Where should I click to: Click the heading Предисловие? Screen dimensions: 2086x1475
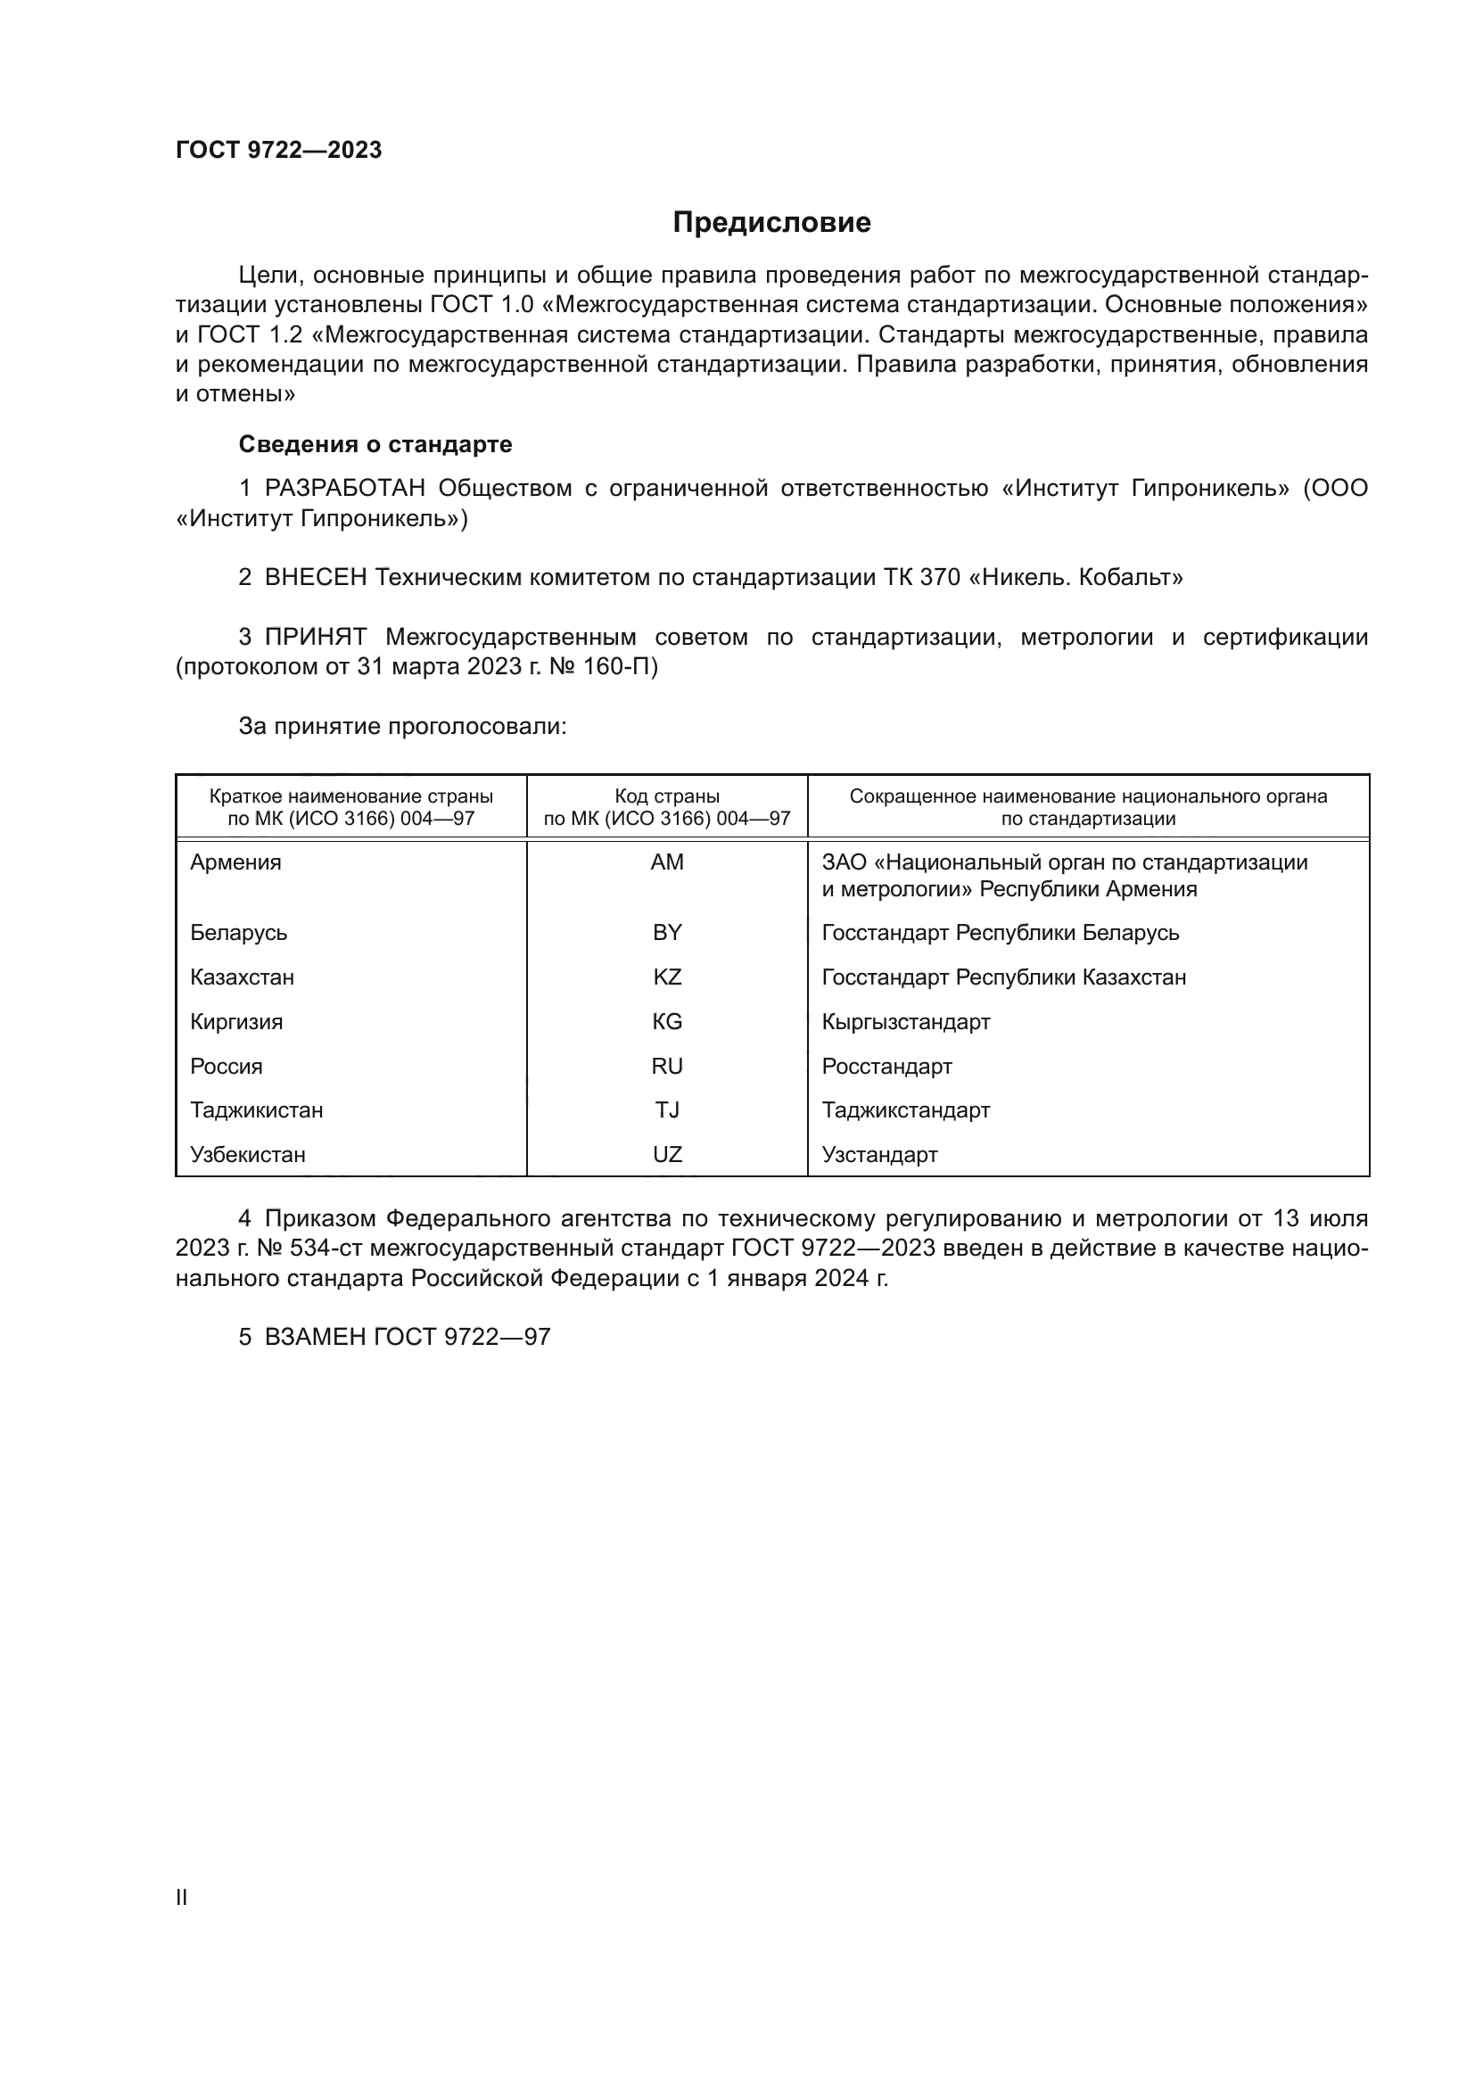[x=771, y=223]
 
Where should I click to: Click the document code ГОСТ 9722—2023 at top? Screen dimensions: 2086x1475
[x=278, y=150]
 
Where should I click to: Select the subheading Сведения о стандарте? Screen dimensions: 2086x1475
[x=375, y=444]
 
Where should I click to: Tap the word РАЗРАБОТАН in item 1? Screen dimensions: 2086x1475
[x=345, y=489]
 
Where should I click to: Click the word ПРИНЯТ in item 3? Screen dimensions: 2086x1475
[x=316, y=638]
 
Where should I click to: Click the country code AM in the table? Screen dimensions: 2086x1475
[x=667, y=862]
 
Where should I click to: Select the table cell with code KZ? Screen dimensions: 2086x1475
[x=667, y=977]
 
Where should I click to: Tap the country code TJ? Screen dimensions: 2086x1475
[x=667, y=1110]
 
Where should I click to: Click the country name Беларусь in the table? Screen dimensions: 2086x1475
[x=238, y=933]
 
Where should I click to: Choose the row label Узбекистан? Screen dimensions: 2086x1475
[x=247, y=1155]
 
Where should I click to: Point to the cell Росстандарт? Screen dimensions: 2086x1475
[x=886, y=1067]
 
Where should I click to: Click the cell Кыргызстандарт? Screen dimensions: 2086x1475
[x=905, y=1022]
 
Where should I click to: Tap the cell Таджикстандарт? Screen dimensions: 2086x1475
[x=905, y=1110]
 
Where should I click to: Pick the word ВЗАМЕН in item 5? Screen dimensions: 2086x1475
[x=315, y=1338]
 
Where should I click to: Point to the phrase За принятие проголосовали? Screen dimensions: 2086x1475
[x=402, y=726]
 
